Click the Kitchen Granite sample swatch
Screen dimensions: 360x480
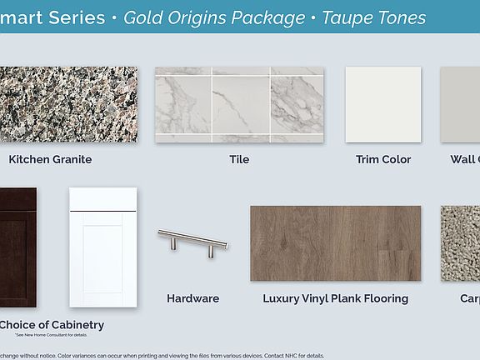68,104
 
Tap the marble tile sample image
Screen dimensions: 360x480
239,104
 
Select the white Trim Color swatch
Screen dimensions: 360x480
383,104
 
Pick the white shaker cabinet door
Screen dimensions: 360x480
102,247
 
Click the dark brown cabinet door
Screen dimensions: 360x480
17,247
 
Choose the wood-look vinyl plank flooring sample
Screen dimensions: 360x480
335,242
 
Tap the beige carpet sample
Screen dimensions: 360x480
460,242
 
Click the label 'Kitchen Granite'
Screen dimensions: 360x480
50,159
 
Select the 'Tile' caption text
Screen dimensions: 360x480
239,159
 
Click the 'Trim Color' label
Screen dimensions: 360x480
383,159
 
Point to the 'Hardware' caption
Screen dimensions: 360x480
192,298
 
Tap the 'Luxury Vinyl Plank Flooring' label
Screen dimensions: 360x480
335,298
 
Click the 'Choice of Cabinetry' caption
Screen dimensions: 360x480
52,325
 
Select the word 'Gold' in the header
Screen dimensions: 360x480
142,17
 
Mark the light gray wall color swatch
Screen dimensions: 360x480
460,104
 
